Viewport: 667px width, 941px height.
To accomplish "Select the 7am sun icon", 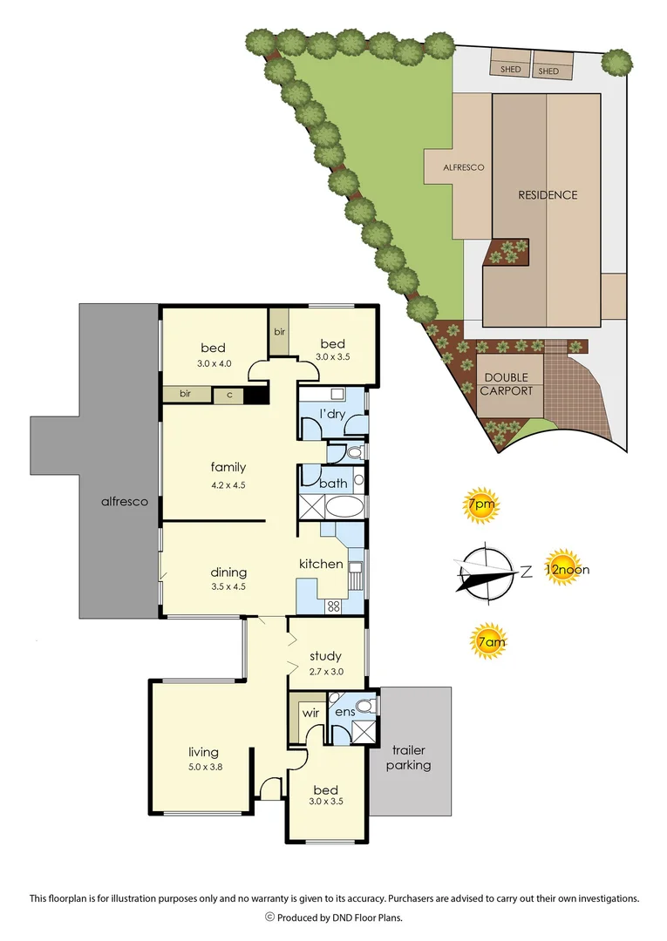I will (x=489, y=644).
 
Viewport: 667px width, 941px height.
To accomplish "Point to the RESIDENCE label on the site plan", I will (x=548, y=195).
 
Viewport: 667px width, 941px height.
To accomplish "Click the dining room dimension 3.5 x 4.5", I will (x=228, y=586).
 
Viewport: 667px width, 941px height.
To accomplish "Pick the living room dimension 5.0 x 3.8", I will (x=203, y=768).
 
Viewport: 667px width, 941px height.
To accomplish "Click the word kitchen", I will (x=321, y=564).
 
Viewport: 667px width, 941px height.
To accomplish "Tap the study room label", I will (x=325, y=656).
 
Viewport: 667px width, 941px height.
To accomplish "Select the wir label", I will (x=311, y=713).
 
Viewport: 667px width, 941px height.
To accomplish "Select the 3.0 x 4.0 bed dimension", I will (x=213, y=363).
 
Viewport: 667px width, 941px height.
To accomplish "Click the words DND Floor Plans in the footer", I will (x=367, y=917).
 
